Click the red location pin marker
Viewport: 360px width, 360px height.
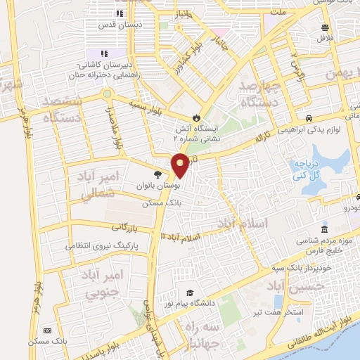180,167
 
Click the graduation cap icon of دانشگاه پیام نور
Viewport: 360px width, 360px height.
189,292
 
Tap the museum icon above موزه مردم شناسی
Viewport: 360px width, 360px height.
323,229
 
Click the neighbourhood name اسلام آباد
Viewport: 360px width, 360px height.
243,224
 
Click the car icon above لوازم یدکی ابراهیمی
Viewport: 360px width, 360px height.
309,117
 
